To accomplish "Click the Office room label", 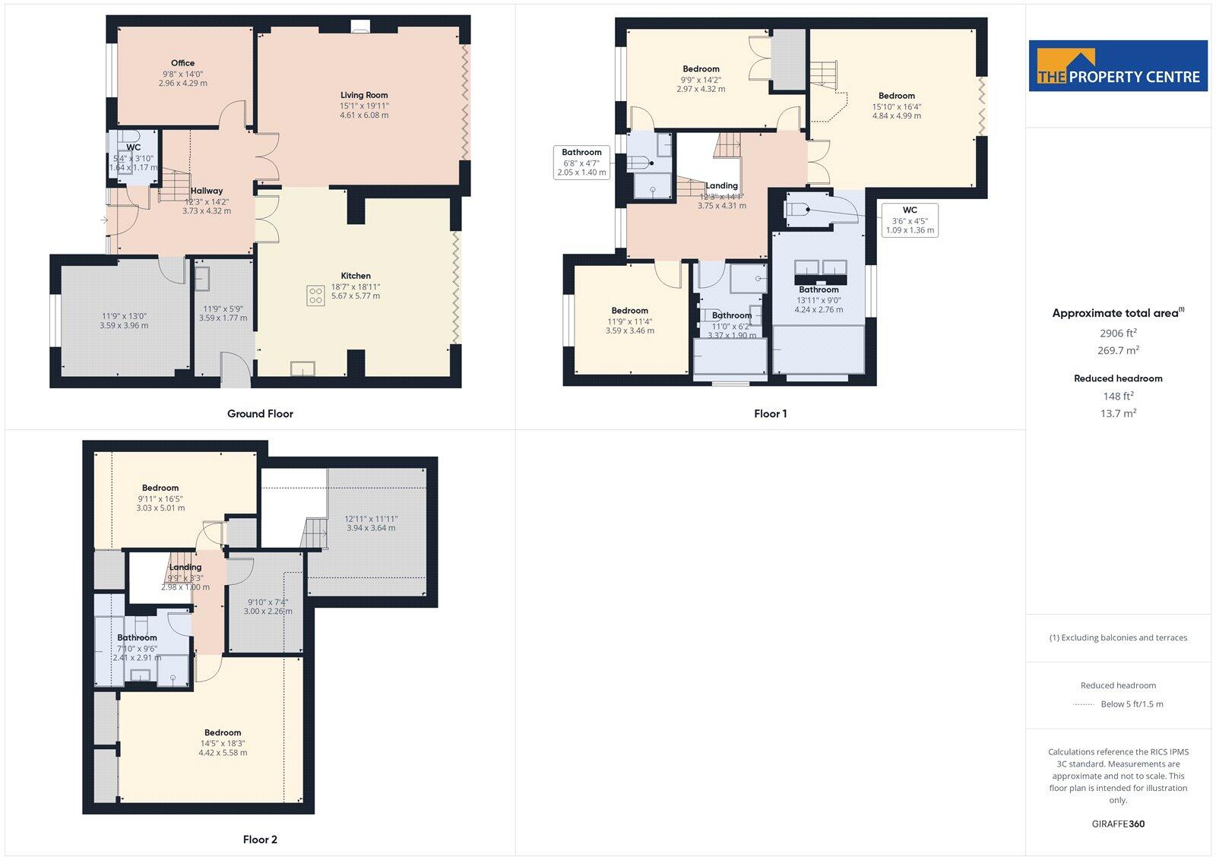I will tap(182, 63).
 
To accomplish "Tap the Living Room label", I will tap(364, 95).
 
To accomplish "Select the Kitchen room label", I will tap(356, 276).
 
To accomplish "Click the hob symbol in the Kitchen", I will tap(315, 296).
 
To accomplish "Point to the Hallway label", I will tap(207, 191).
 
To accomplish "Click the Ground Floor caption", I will tap(260, 414).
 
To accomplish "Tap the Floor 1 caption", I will tap(770, 414).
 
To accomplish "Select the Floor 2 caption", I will tap(260, 840).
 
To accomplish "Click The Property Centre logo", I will tap(1118, 66).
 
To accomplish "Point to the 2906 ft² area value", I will tap(1118, 333).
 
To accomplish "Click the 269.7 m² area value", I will tap(1118, 350).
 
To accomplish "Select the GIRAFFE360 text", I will tap(1117, 824).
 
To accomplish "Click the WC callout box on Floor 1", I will tap(910, 220).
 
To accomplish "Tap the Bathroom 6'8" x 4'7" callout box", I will tap(582, 162).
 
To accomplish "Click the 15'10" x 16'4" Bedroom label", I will tap(897, 96).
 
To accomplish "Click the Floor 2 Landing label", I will tap(185, 567).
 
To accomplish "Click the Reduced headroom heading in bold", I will tap(1118, 378).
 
